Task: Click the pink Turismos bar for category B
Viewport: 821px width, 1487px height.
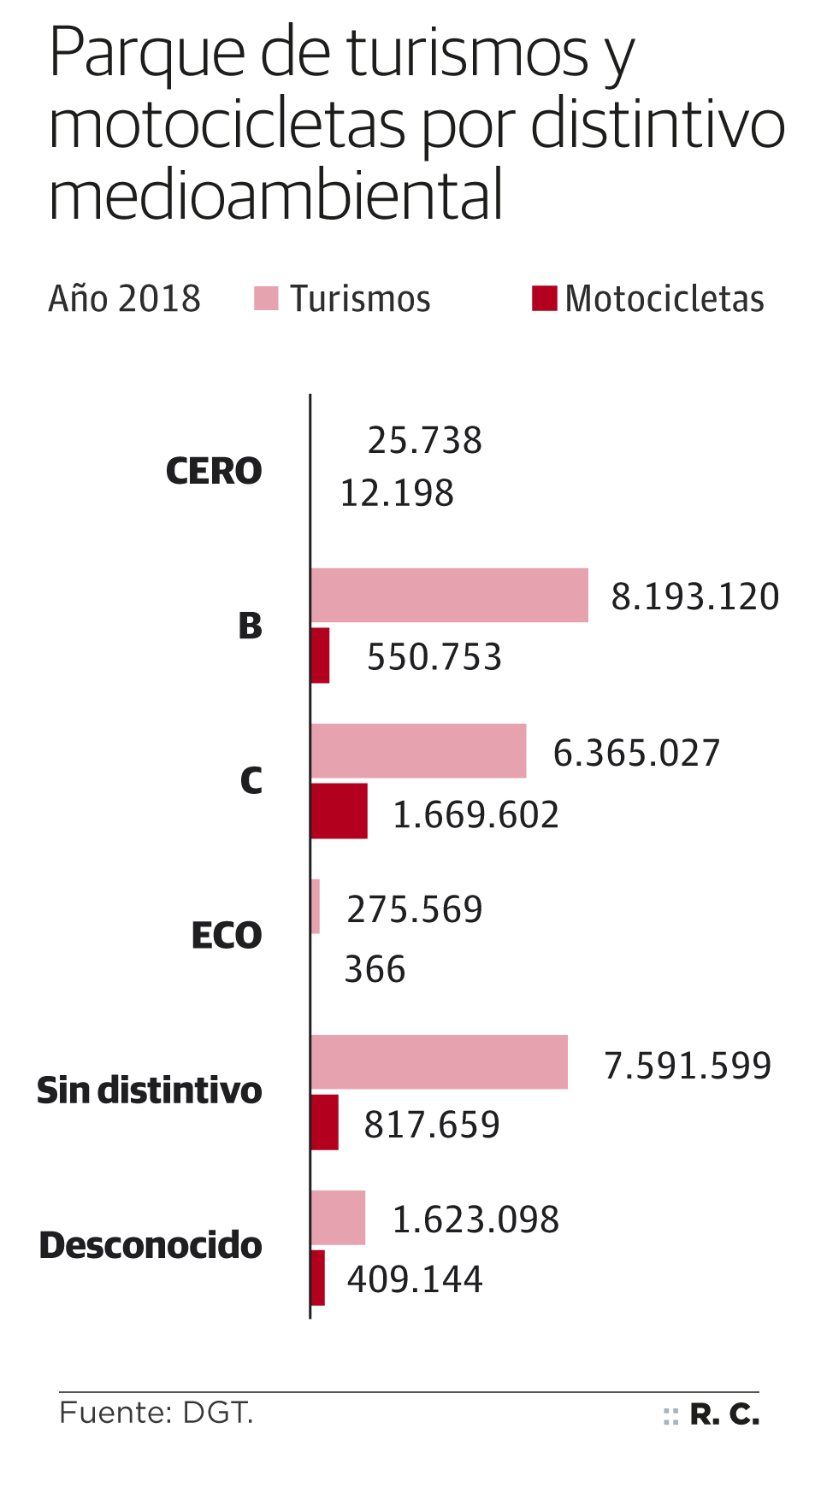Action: coord(449,595)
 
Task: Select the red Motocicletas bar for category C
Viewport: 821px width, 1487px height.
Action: coord(339,811)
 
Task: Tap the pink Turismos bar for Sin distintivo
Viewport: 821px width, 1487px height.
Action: coord(439,1062)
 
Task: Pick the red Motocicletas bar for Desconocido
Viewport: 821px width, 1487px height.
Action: coord(317,1278)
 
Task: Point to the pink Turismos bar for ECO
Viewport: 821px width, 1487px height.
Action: coord(316,907)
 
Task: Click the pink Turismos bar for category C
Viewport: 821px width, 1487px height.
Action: coord(418,751)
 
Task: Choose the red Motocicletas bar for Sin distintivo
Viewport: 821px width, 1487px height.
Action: coord(324,1122)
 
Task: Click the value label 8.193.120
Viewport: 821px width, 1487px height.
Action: coord(694,597)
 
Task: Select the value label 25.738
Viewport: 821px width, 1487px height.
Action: coord(424,441)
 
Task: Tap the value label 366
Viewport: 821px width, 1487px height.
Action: coord(375,970)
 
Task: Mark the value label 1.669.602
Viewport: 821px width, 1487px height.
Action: coord(475,814)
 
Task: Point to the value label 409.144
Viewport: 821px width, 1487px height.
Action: coord(415,1279)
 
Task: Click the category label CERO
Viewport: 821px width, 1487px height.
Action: coord(214,471)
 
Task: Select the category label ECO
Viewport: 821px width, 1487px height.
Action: coord(227,936)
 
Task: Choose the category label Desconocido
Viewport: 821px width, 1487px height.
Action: coord(151,1245)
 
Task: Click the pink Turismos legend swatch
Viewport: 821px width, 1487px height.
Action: coord(267,299)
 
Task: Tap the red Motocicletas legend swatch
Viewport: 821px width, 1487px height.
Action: coord(544,298)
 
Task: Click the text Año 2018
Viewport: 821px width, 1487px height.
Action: coord(125,299)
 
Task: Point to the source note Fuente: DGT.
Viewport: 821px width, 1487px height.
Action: coord(157,1413)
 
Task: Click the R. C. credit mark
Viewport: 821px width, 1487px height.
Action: coord(724,1415)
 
